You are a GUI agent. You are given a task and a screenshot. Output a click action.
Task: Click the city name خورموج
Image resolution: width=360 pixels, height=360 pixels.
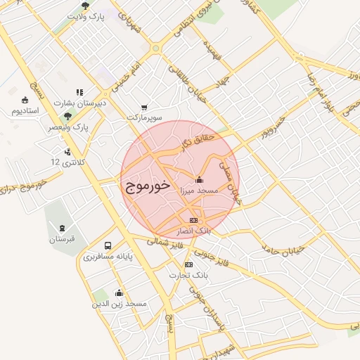click(x=148, y=186)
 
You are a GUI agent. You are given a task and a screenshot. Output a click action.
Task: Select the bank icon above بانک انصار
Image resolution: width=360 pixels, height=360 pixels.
click(x=193, y=220)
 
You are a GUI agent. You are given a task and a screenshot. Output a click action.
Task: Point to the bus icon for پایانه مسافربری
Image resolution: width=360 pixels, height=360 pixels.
click(x=108, y=245)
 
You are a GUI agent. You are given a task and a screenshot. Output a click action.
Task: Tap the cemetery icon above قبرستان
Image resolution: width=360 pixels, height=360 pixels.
click(x=63, y=228)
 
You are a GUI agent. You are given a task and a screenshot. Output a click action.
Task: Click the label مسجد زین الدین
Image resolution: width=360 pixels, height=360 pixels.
click(x=120, y=304)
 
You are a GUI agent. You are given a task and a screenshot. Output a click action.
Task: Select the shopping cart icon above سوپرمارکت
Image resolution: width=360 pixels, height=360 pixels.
click(x=144, y=107)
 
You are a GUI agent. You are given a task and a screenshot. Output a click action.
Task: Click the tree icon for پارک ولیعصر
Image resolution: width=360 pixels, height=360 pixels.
click(x=67, y=117)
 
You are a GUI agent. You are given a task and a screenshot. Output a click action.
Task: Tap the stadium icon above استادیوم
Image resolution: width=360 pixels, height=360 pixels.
click(x=25, y=99)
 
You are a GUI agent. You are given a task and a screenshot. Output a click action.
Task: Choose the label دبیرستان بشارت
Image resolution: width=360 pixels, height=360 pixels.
click(x=82, y=103)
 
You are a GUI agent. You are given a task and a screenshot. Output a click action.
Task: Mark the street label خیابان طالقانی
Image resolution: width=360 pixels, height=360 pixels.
click(x=194, y=80)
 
